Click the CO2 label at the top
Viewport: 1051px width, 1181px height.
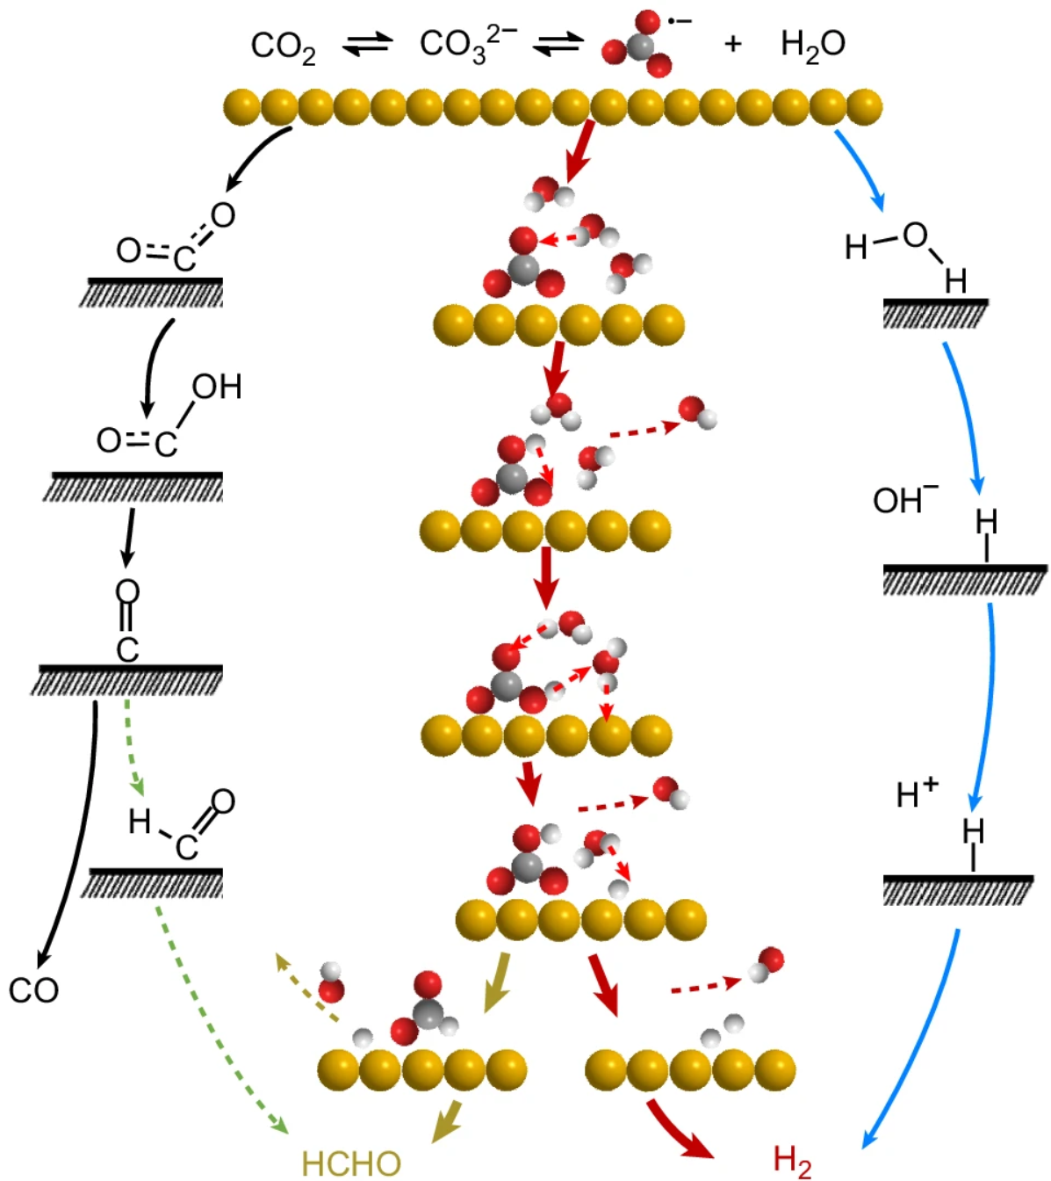tap(283, 47)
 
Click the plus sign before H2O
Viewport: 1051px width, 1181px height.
tap(733, 43)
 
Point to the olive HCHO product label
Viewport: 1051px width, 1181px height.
tap(351, 1163)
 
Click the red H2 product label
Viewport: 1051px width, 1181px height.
tap(792, 1161)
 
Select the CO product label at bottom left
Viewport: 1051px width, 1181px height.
tap(33, 990)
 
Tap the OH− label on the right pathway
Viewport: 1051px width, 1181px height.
tap(904, 500)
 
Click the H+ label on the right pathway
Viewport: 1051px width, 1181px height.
tap(917, 793)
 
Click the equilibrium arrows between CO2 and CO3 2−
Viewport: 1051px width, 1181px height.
tap(368, 44)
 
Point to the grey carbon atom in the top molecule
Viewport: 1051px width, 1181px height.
tap(642, 46)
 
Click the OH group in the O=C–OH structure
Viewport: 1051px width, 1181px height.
tap(216, 387)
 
